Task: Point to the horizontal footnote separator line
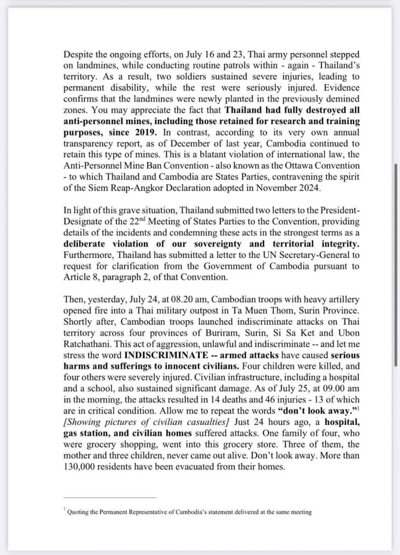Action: tap(109, 497)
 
